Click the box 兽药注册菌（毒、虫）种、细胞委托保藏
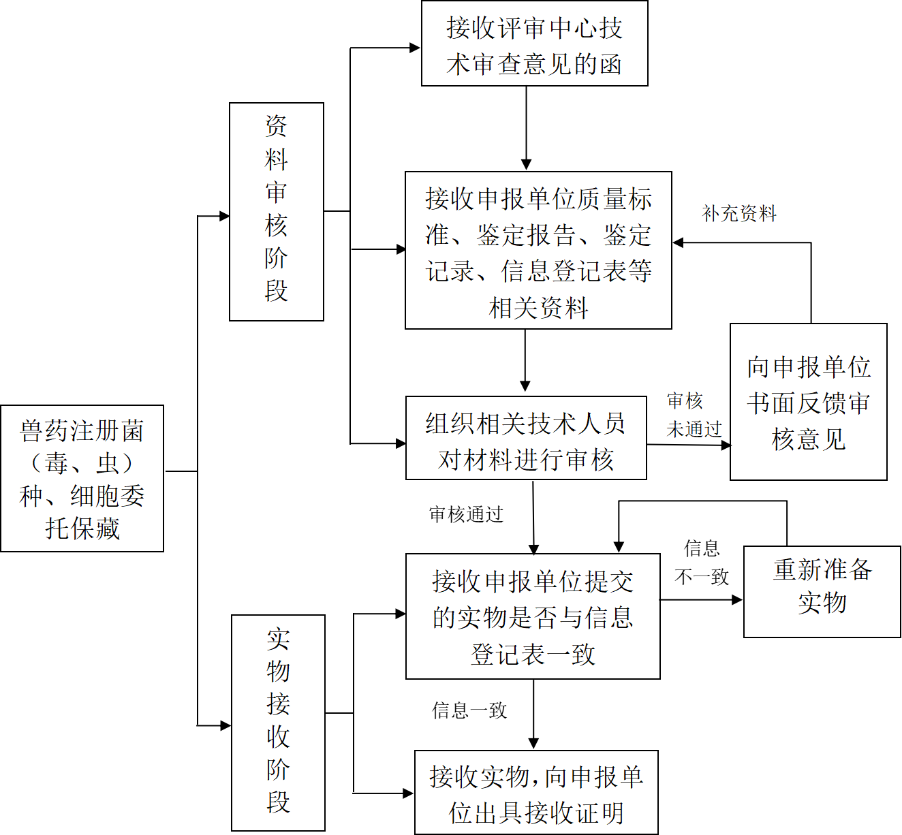pyautogui.click(x=82, y=478)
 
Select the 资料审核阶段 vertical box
pyautogui.click(x=276, y=211)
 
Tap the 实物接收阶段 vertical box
pyautogui.click(x=278, y=722)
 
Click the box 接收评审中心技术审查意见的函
pyautogui.click(x=534, y=44)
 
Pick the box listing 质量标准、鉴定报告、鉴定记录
pyautogui.click(x=538, y=251)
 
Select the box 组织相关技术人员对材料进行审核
pyautogui.click(x=526, y=438)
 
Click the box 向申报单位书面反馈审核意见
pyautogui.click(x=808, y=402)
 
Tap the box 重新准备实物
pyautogui.click(x=822, y=591)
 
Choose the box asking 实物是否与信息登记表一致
pyautogui.click(x=533, y=616)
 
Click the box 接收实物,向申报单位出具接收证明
pyautogui.click(x=536, y=792)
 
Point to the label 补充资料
pyautogui.click(x=739, y=214)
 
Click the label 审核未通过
pyautogui.click(x=693, y=415)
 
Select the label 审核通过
pyautogui.click(x=466, y=514)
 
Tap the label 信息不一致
pyautogui.click(x=702, y=563)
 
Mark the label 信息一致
pyautogui.click(x=469, y=710)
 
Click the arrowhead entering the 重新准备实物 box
pyautogui.click(x=737, y=600)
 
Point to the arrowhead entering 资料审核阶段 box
pyautogui.click(x=224, y=217)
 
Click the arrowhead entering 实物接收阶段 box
pyautogui.click(x=226, y=725)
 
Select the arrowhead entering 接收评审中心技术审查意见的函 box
pyautogui.click(x=415, y=48)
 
